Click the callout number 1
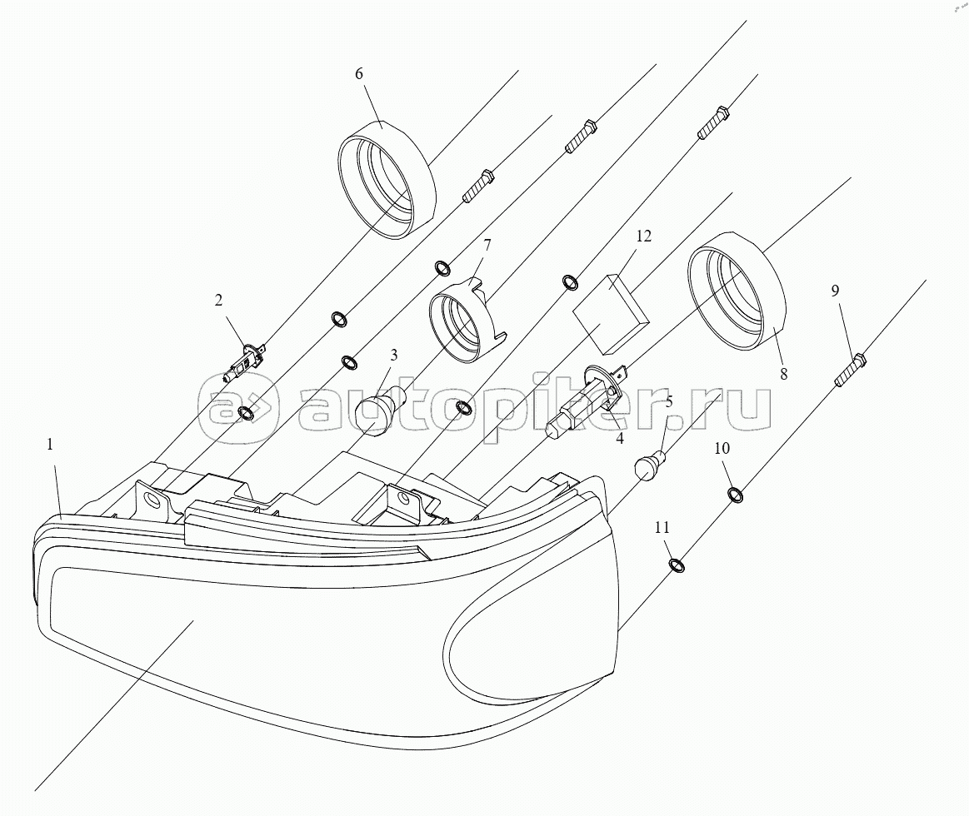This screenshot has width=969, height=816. pos(50,444)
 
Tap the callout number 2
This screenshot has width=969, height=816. pos(218,301)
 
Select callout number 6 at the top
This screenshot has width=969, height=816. pos(359,73)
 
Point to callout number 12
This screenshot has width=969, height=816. pos(644,236)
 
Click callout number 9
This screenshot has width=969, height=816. pos(835,291)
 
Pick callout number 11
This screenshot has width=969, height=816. pos(662,528)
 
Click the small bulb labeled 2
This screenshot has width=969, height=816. pos(244,363)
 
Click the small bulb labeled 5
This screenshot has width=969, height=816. pos(650,464)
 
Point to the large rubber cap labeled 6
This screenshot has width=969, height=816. pos(387,178)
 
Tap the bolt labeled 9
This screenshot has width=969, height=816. pos(851,371)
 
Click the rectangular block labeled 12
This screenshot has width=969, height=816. pos(612,313)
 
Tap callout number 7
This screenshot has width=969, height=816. pos(487,246)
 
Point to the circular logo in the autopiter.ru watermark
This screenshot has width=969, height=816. pos(238,408)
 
